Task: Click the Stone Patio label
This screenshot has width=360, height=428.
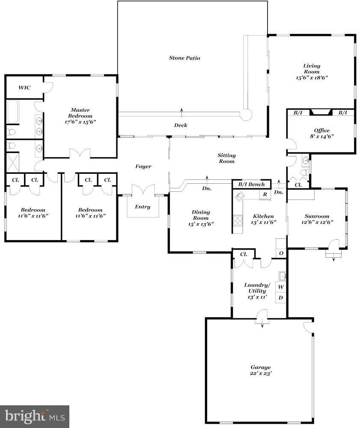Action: [184, 58]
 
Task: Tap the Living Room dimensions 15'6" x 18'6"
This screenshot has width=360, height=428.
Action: [312, 78]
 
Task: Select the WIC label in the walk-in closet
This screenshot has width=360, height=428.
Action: [24, 88]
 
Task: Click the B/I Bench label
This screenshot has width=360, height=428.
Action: [251, 184]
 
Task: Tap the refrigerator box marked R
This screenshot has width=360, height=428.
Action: [265, 194]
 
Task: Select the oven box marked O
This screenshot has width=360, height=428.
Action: [281, 253]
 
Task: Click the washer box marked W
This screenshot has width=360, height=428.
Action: [281, 287]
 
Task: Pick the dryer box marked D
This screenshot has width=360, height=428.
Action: [281, 297]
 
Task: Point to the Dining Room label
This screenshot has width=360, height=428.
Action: [201, 215]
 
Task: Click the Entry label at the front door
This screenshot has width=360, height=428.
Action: [143, 207]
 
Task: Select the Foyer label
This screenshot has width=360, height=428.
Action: [143, 166]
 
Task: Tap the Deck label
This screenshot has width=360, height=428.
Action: [180, 125]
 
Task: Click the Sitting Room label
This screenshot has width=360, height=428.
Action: [226, 158]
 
